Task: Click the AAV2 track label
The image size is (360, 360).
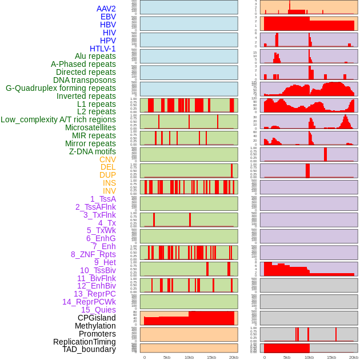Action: click(106, 9)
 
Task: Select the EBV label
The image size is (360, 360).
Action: click(108, 17)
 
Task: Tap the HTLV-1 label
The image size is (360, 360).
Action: click(102, 49)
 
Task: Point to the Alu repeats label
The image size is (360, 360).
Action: click(95, 56)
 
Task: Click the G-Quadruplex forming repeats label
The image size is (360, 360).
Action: click(61, 88)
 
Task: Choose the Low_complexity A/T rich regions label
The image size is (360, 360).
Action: click(58, 119)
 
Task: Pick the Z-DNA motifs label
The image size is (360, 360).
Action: click(92, 151)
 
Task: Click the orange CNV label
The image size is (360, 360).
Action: click(107, 159)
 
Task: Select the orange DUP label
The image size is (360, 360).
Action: click(107, 175)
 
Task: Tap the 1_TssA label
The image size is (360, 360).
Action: click(103, 199)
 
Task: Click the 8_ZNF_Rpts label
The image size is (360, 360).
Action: click(93, 254)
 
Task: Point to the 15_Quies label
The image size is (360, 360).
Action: click(98, 310)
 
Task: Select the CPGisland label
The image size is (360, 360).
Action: click(97, 318)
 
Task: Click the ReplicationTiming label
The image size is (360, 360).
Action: click(84, 342)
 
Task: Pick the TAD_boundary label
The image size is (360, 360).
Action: click(89, 349)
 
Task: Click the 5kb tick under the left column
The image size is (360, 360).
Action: click(167, 357)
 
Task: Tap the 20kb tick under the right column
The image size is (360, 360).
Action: click(354, 357)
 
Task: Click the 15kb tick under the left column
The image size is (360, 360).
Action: click(211, 357)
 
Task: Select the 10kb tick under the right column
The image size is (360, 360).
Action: click(309, 357)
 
